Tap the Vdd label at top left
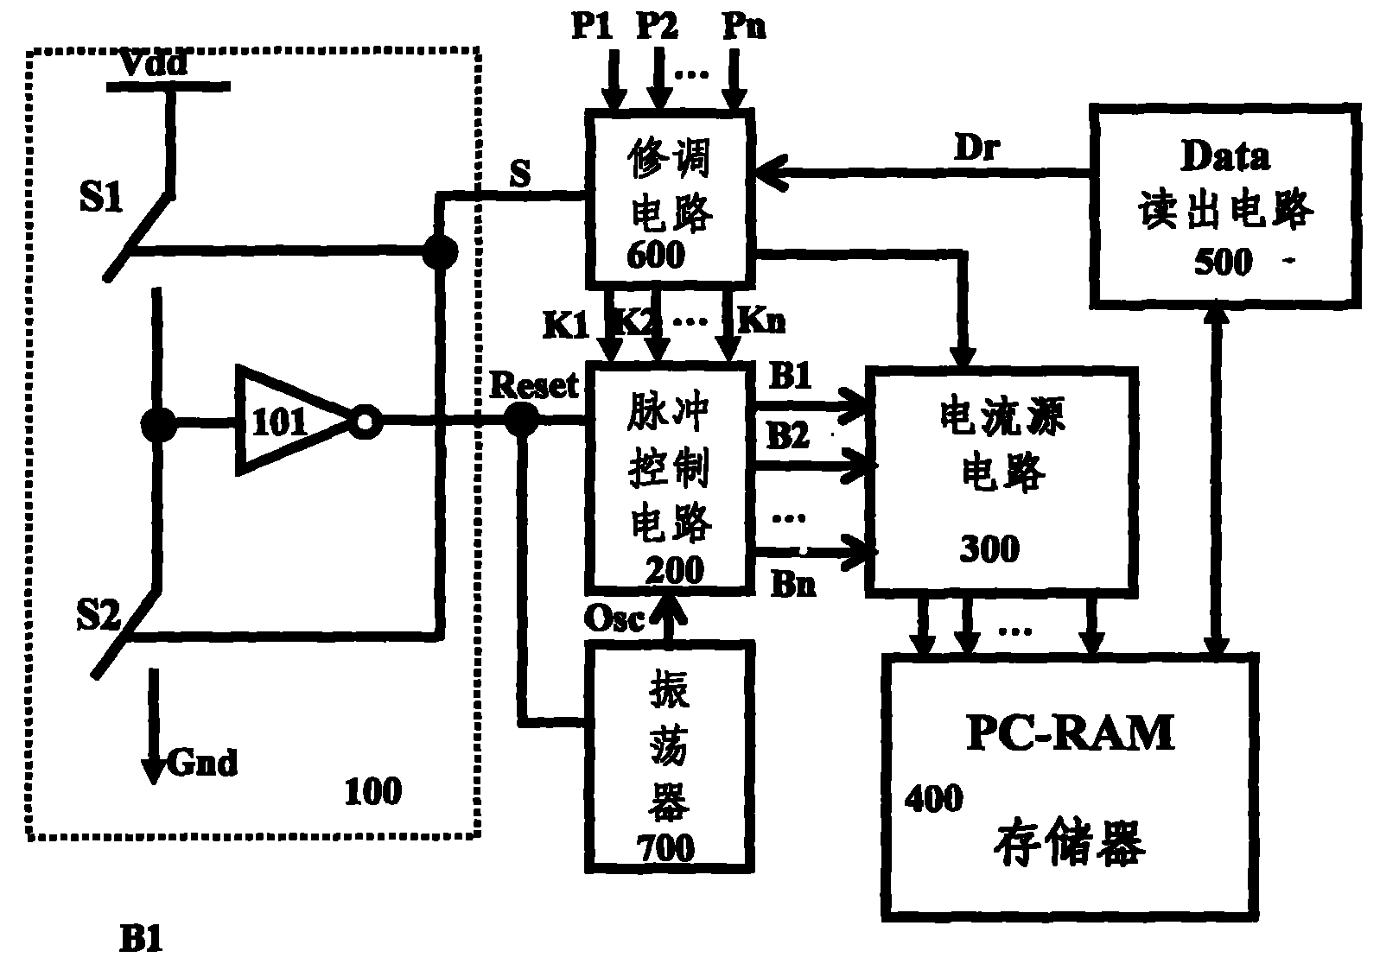[151, 63]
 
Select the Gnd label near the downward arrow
[200, 764]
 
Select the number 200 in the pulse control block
[674, 569]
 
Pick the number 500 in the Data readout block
[1223, 262]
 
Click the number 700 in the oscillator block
[665, 847]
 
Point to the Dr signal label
[976, 149]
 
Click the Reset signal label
[533, 385]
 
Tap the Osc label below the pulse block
[614, 618]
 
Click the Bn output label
[793, 585]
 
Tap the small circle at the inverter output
[365, 422]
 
